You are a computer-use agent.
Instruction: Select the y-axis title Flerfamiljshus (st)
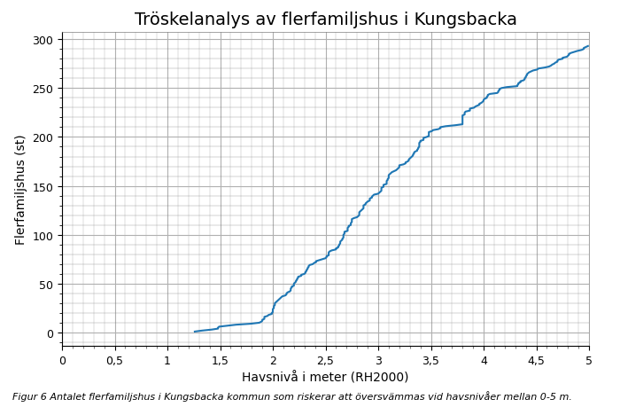click(20, 190)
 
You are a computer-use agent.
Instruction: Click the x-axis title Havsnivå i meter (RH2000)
click(325, 377)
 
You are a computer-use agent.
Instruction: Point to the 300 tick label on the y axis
click(43, 40)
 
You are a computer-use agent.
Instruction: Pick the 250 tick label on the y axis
click(43, 89)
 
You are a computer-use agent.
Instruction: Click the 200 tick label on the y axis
click(43, 137)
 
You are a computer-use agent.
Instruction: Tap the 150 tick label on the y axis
click(43, 186)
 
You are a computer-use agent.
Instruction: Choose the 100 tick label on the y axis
click(43, 235)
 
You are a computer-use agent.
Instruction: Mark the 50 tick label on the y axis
click(47, 284)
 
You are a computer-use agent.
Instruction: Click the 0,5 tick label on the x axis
click(115, 360)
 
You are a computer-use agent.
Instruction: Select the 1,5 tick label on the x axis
click(221, 360)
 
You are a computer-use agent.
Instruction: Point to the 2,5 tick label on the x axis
click(326, 360)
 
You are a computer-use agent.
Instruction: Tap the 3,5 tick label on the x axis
click(431, 360)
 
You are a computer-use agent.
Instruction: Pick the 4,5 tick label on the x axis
click(537, 360)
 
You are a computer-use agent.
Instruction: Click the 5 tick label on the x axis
click(589, 360)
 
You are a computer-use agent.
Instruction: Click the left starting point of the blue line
click(195, 332)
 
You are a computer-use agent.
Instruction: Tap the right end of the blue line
click(588, 46)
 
